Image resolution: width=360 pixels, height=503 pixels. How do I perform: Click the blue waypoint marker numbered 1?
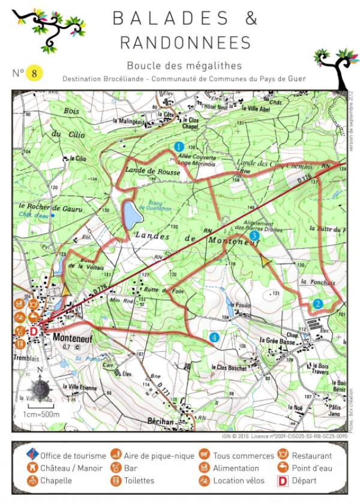pos(178,146)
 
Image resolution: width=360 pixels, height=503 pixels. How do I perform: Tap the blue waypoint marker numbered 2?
pos(318,303)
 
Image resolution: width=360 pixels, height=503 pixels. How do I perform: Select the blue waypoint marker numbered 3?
pos(254,236)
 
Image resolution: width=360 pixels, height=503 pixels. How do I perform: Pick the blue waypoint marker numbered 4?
pos(215,337)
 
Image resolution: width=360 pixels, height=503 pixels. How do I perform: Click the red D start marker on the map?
pos(34,331)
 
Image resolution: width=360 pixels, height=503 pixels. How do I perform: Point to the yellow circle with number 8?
pos(35,73)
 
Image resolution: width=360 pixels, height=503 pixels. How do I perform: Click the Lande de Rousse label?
pos(149,171)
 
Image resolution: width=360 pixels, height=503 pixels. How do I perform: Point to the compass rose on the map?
pos(40,390)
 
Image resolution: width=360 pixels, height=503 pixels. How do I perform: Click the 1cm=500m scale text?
pos(41,415)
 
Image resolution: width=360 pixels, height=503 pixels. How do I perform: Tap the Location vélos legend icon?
pos(204,481)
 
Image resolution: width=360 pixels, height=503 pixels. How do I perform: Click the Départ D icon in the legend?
pos(281,481)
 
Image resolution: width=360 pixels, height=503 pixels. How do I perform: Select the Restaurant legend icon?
pos(281,456)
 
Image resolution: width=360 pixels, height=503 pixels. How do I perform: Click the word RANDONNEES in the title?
pos(185,43)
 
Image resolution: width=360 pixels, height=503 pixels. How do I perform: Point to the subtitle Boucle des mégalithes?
pos(184,65)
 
